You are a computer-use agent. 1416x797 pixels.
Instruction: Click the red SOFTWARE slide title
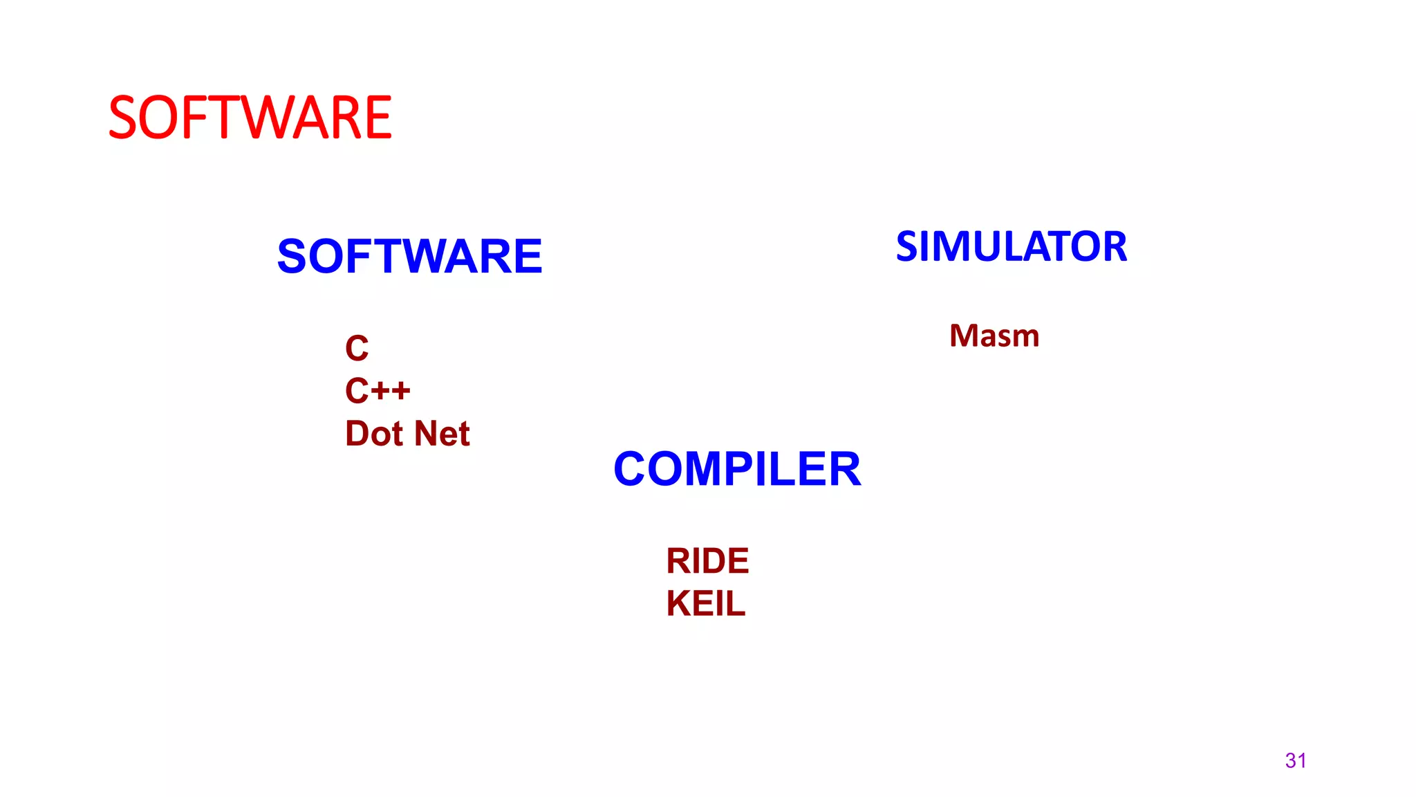pos(250,118)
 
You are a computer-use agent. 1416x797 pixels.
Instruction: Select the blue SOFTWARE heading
pos(409,257)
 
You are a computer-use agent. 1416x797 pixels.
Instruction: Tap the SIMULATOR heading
pos(1011,247)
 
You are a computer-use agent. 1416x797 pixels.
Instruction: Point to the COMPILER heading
pos(737,469)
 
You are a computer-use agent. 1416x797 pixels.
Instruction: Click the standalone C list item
pos(357,348)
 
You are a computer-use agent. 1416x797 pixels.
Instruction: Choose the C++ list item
pos(378,391)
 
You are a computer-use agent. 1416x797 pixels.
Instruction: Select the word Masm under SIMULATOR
pos(994,336)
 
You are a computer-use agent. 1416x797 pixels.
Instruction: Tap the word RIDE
pos(707,561)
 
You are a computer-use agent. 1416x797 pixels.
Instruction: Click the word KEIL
pos(706,604)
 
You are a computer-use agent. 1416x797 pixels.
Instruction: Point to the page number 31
pos(1295,760)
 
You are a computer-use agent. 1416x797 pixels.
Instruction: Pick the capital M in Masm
pos(964,336)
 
